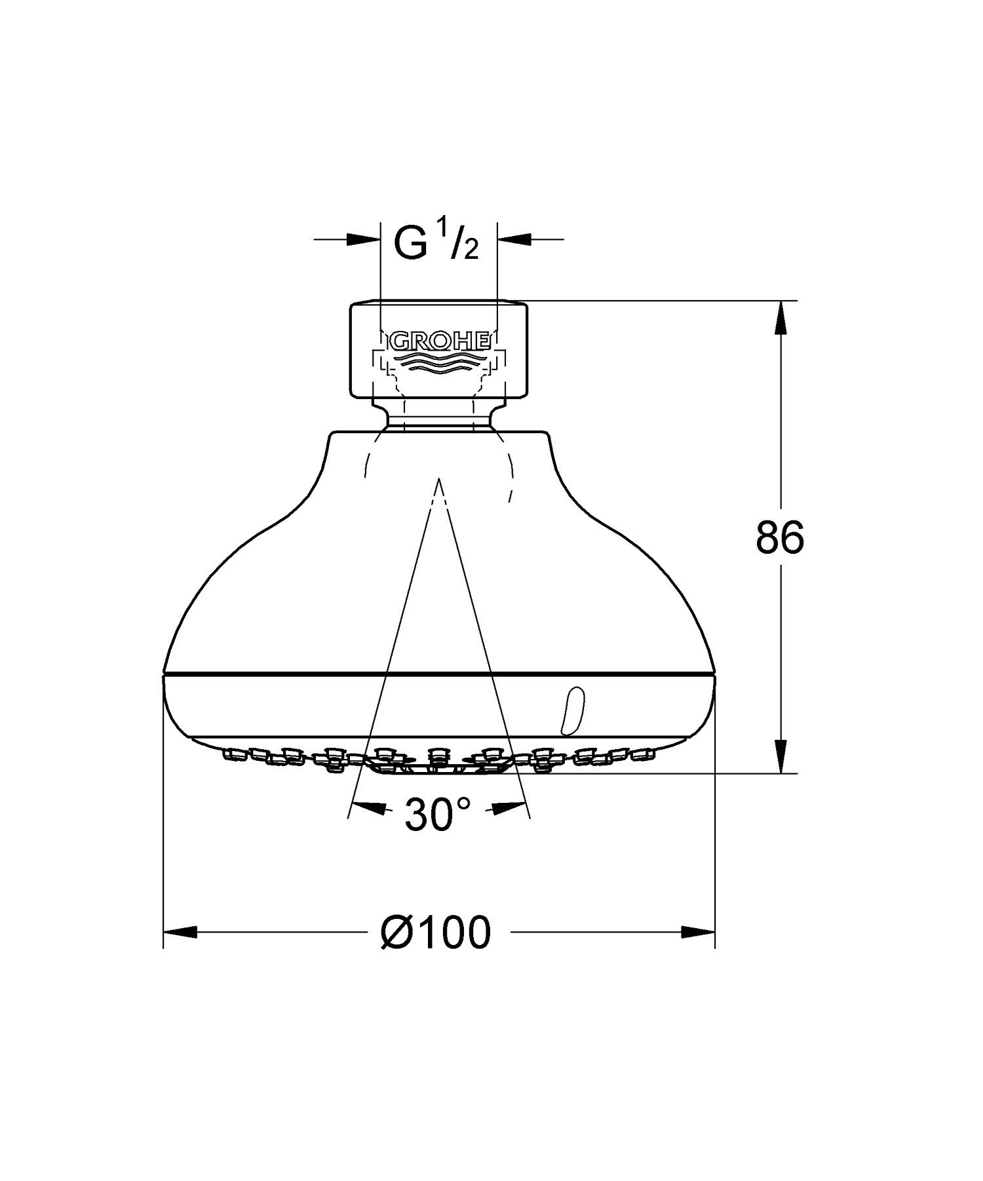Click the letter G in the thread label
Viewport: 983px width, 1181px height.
click(x=411, y=243)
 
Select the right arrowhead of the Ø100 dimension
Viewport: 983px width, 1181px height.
click(x=699, y=932)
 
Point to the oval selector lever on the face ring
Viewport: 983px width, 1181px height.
click(x=569, y=710)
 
